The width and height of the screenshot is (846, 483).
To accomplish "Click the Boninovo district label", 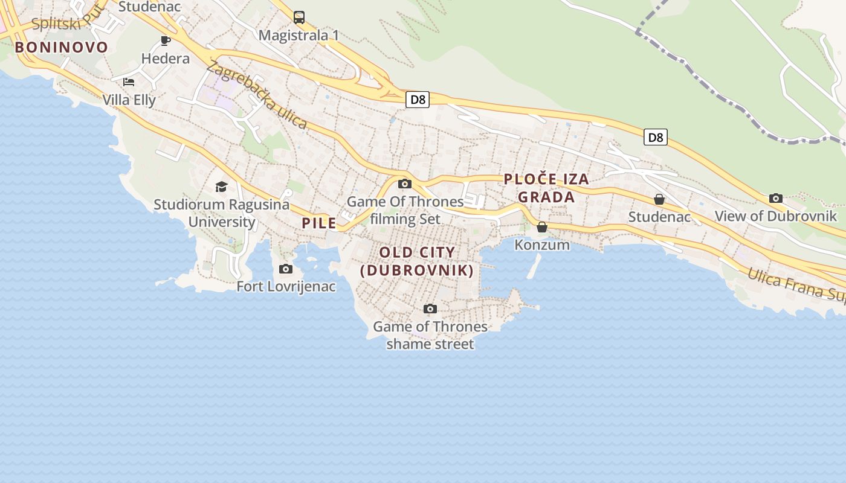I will (61, 47).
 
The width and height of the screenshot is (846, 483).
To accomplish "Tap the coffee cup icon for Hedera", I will (165, 40).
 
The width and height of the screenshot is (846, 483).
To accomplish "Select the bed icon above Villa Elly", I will (129, 82).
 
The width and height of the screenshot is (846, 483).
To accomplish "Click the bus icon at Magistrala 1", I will (299, 17).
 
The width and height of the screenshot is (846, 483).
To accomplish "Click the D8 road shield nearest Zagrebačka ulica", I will (418, 100).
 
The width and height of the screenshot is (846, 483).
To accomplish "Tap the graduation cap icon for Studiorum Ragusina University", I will (221, 187).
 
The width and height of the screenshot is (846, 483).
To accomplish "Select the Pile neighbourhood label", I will (319, 223).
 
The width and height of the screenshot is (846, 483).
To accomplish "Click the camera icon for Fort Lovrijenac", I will (286, 269).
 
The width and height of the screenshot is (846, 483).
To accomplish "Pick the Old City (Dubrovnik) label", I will (417, 261).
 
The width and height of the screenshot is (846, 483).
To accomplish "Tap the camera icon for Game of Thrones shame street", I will (430, 309).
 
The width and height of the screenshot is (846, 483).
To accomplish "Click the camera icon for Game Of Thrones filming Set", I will (405, 184).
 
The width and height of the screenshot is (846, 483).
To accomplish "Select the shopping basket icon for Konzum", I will (542, 227).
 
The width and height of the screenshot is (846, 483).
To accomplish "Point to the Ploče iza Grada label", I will (546, 188).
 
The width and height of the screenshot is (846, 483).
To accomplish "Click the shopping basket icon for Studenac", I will (659, 199).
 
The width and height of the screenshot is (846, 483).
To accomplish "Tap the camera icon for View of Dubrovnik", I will (776, 198).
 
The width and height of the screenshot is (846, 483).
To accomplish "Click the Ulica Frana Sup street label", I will (795, 283).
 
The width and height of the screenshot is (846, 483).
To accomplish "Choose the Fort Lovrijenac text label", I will (286, 286).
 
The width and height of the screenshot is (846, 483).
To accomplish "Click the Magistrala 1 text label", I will (299, 35).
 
